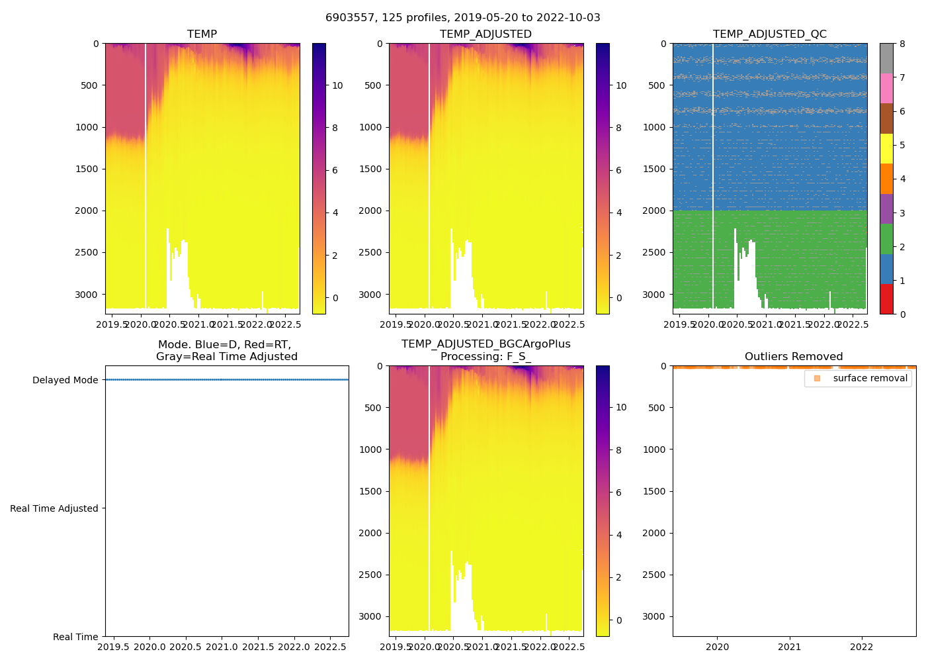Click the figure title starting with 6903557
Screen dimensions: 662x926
coord(463,18)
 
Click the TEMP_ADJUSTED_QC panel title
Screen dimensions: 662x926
coord(769,34)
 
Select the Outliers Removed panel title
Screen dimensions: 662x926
coord(794,356)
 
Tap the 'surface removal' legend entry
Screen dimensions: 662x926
coord(870,378)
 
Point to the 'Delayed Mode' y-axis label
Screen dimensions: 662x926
coord(65,380)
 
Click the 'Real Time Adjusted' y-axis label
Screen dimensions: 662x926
coord(54,508)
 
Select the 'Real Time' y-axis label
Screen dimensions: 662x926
coord(75,637)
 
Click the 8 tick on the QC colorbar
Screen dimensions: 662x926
coord(902,44)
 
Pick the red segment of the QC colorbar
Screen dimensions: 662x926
coord(886,299)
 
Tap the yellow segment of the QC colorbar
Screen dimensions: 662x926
coord(886,148)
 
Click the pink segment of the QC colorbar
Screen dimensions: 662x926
coord(886,88)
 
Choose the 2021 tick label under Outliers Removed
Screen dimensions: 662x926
coord(789,647)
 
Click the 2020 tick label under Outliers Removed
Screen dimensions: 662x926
coord(717,647)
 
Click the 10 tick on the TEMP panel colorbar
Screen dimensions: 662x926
coord(337,85)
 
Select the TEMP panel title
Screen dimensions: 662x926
coord(202,34)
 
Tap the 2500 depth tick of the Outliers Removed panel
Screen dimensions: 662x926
coord(653,575)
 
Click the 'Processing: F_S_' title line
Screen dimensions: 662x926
coord(485,356)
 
